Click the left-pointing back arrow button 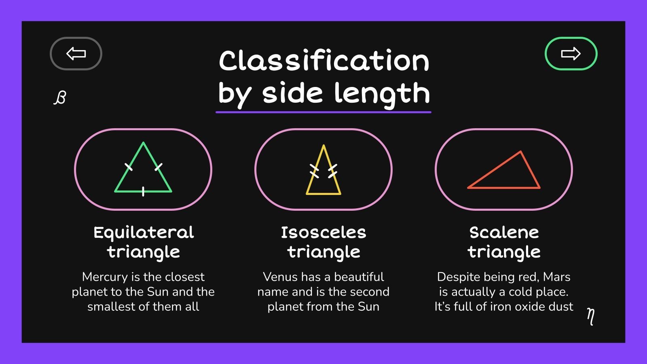[x=76, y=53]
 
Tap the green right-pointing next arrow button [x=571, y=53]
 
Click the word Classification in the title [x=324, y=61]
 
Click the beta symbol [x=60, y=97]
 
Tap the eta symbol [x=591, y=316]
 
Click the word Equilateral [x=144, y=233]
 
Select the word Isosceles [x=323, y=233]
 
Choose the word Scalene [x=504, y=233]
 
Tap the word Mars [x=556, y=277]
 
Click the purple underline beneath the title [x=323, y=112]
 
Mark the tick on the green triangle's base [x=143, y=191]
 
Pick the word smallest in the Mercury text [x=111, y=307]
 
